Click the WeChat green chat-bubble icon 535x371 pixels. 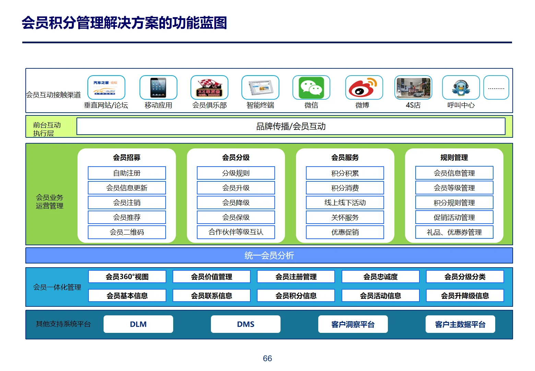pos(311,88)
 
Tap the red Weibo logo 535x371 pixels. pos(363,88)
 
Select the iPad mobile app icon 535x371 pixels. pos(158,88)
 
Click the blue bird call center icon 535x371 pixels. pos(461,88)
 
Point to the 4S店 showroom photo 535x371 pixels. pos(413,88)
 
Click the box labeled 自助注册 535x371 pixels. pos(127,173)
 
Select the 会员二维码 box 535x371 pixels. pos(127,232)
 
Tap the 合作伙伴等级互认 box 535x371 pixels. pos(236,232)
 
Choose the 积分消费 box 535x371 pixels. pos(345,188)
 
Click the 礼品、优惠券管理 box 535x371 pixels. pos(454,232)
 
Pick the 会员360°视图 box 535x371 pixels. pos(127,277)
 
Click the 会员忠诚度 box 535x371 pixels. pos(380,277)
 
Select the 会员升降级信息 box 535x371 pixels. pos(465,296)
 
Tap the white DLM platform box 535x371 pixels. pos(138,324)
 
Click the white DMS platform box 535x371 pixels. pos(246,324)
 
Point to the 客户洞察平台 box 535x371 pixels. pos(353,324)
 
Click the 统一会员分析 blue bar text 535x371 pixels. pos(269,256)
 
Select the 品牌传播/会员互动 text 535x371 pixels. pos(291,126)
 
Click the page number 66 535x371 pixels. pos(267,358)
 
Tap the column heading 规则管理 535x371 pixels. pos(454,158)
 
